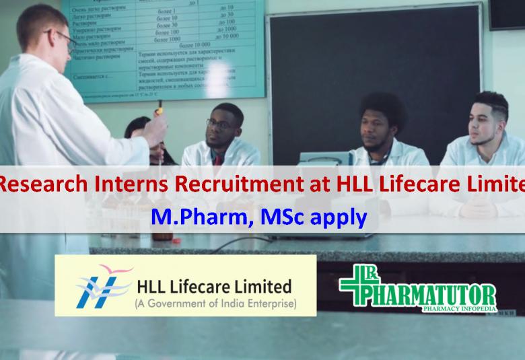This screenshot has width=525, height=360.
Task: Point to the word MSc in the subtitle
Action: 273,217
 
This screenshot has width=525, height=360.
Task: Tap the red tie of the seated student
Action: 217,160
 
